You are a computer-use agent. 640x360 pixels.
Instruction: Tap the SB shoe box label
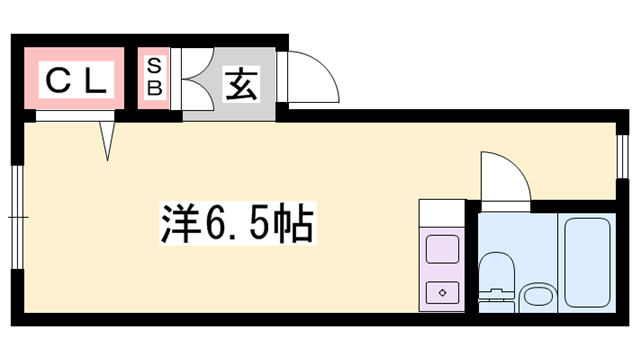click(155, 77)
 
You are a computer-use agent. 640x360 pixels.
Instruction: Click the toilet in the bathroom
click(496, 280)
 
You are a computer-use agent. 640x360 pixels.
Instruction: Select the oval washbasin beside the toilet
click(538, 296)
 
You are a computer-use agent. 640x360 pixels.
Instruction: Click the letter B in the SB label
click(155, 88)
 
